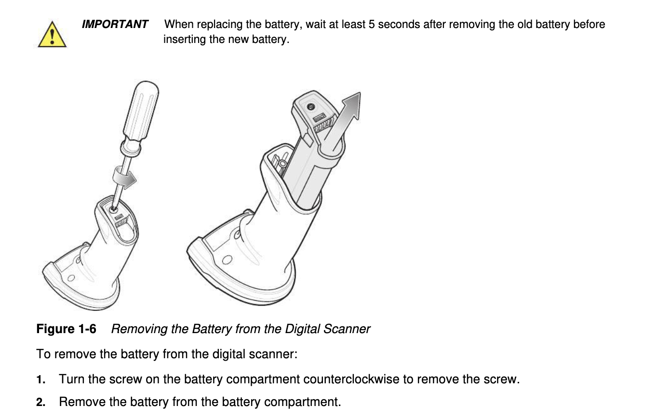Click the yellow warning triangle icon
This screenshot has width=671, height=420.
click(x=52, y=34)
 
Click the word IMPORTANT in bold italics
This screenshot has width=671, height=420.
click(x=115, y=24)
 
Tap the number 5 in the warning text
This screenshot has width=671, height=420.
click(x=372, y=24)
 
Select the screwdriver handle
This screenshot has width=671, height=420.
click(x=141, y=110)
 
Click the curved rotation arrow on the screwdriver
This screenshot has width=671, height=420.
click(x=124, y=179)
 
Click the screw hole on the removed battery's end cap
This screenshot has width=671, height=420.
click(x=311, y=107)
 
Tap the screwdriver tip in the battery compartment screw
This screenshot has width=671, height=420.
click(x=113, y=209)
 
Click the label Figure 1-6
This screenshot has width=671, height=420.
click(x=66, y=329)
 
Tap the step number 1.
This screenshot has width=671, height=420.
click(x=40, y=379)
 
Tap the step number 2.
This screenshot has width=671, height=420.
click(x=40, y=402)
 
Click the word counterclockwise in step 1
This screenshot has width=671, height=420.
click(x=351, y=379)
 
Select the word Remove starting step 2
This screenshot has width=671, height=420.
click(x=82, y=402)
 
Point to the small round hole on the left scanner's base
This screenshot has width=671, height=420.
click(x=71, y=278)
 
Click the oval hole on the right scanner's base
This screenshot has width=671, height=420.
click(x=227, y=260)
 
